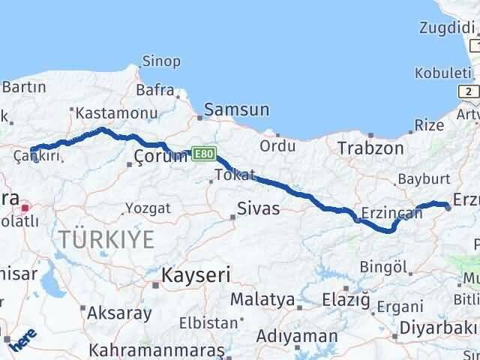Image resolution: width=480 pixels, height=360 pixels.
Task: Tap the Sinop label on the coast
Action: click(160, 61)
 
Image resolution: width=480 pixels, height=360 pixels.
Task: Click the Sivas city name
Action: click(258, 208)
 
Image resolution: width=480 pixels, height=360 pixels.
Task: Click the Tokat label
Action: click(229, 175)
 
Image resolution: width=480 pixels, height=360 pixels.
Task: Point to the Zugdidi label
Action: click(445, 28)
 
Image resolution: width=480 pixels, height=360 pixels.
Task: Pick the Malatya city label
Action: click(262, 300)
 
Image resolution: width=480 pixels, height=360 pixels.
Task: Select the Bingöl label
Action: click(383, 267)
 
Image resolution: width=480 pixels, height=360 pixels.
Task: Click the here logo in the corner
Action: click(22, 343)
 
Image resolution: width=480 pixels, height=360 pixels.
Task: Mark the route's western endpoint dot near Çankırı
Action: click(33, 150)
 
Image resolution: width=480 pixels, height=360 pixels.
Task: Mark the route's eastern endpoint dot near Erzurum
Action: click(448, 207)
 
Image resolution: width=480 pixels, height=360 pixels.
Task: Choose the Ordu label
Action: click(277, 145)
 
